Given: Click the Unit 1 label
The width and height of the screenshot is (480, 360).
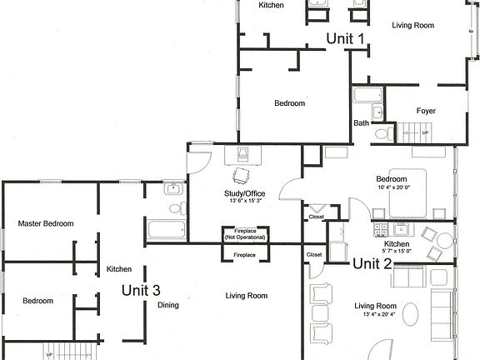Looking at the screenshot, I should coord(345,38).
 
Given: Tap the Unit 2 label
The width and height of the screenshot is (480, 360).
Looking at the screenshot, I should coord(372,264).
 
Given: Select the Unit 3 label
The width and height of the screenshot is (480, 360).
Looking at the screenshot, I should coord(141,290).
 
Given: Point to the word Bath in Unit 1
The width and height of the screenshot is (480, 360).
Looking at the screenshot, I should coord(361,123).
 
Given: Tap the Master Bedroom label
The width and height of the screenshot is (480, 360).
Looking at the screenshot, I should coord(46,223).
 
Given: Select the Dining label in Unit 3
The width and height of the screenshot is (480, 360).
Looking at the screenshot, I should coord(167,305).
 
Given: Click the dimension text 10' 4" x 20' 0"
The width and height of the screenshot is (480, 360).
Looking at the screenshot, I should coord(391,187).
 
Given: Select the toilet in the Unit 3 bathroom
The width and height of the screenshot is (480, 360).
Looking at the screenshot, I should coord(176,207).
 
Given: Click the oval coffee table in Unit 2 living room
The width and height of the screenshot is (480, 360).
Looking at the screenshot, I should coord(414,314).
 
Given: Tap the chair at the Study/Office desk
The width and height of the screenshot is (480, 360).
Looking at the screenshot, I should coord(241,175).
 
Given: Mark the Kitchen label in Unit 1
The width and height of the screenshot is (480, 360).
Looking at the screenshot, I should coord(271,5).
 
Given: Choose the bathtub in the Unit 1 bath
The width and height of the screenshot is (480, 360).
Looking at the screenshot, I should coord(366,95).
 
